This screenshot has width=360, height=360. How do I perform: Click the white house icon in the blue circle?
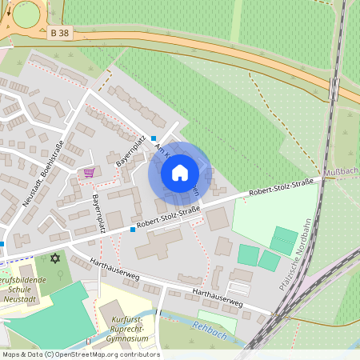(x=180, y=172)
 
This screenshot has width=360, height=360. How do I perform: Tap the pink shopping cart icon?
(x=89, y=172)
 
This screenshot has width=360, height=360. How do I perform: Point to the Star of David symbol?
(x=55, y=258)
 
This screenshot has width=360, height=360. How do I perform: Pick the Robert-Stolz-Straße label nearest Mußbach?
(x=279, y=190)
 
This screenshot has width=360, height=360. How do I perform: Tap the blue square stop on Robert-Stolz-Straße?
(x=133, y=230)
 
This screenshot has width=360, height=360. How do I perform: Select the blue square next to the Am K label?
(x=154, y=138)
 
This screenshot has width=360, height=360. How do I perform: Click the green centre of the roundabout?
(x=26, y=14)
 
